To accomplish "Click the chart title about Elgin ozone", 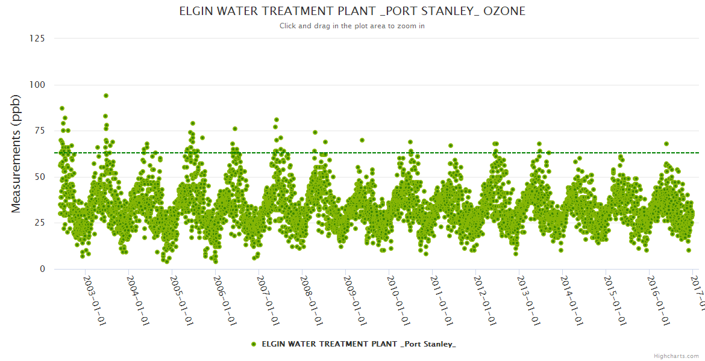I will pos(352,11).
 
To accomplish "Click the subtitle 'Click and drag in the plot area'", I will pos(352,26).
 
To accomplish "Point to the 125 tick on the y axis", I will pos(37,39).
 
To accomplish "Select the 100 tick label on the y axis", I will pos(37,85).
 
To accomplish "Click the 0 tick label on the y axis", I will pos(42,270).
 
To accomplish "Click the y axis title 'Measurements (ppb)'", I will pos(16,154).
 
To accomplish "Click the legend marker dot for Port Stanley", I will pos(254,344).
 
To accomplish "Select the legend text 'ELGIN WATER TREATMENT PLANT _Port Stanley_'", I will pos(359,344).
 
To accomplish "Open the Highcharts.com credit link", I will pos(676,356).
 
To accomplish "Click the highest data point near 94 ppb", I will pos(106,96).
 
